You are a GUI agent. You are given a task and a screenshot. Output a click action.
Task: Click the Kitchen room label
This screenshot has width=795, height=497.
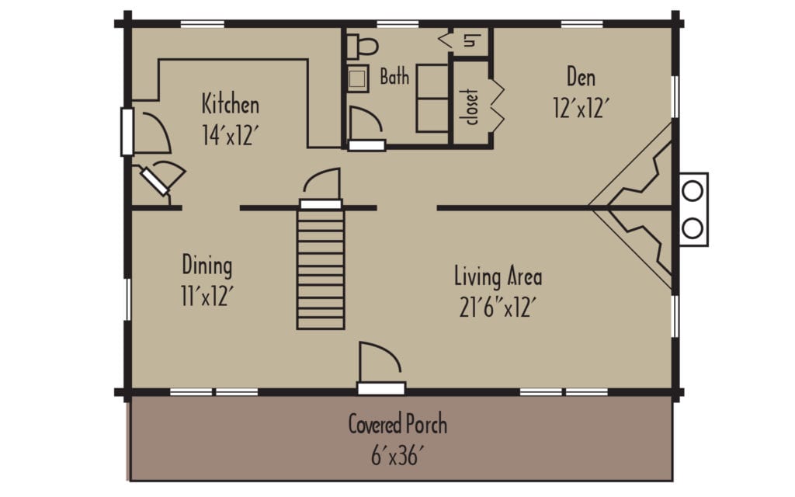(230, 104)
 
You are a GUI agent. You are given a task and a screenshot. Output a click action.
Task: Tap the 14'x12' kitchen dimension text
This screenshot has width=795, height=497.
(230, 136)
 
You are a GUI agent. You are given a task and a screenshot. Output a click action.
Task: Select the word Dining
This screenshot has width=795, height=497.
(207, 266)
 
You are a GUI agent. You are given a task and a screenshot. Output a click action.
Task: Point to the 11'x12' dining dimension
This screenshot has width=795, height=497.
(207, 297)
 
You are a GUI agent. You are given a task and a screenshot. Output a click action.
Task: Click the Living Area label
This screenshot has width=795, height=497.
(498, 276)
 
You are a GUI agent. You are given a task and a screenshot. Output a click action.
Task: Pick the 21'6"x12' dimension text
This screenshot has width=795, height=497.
(498, 308)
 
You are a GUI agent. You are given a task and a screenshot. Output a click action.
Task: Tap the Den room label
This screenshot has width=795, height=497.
(581, 77)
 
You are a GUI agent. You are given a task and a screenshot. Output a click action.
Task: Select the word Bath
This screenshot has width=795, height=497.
(394, 78)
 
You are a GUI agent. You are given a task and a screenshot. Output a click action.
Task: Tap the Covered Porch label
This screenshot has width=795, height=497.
(397, 425)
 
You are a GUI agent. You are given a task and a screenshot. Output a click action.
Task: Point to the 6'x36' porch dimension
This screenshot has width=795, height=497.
(397, 456)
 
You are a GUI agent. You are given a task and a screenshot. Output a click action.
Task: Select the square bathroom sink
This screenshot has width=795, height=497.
(358, 78)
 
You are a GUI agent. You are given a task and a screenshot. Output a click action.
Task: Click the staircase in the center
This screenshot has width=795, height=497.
(321, 268)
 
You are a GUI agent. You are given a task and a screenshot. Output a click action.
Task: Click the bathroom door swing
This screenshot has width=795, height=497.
(365, 124)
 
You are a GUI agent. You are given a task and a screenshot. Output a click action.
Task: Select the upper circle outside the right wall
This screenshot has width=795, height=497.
(693, 190)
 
